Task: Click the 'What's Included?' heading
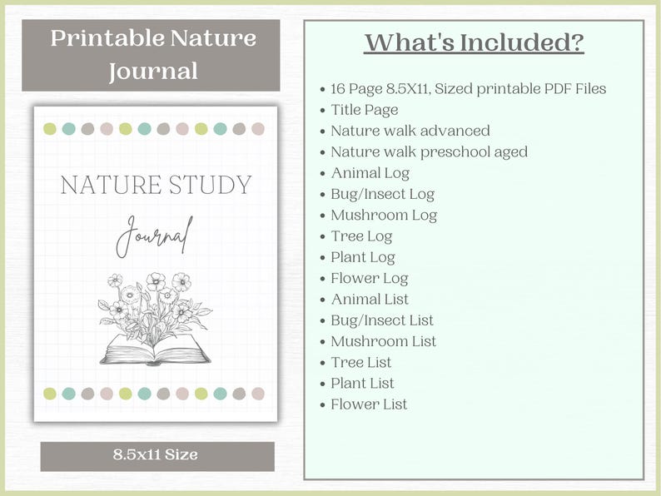[x=474, y=43]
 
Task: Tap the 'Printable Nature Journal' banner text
[x=153, y=54]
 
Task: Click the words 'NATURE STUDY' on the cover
[x=156, y=185]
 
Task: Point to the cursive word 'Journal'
[x=155, y=236]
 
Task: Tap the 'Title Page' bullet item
[x=365, y=110]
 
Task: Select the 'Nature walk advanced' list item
[x=410, y=131]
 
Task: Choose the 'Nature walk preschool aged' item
[x=429, y=151]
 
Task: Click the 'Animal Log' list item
[x=370, y=173]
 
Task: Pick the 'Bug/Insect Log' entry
[x=382, y=194]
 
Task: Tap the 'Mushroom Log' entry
[x=384, y=215]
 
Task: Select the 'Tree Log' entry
[x=361, y=236]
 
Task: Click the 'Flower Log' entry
[x=370, y=278]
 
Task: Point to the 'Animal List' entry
[x=370, y=299]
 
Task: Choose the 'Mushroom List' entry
[x=383, y=341]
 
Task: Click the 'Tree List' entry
[x=360, y=362]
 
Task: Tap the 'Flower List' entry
[x=369, y=404]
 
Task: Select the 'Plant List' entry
[x=362, y=384]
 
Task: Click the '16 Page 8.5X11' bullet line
[x=468, y=89]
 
